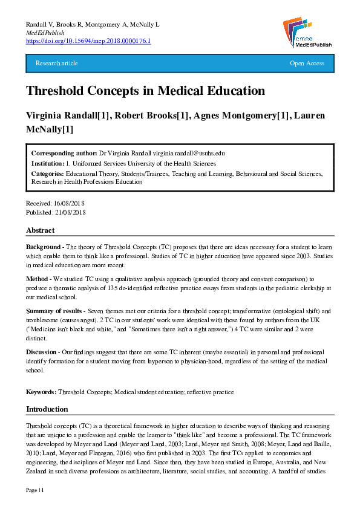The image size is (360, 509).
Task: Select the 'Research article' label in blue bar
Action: tap(57, 63)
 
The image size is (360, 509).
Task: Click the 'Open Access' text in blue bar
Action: tap(307, 63)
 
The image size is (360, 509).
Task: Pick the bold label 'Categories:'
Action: tap(48, 173)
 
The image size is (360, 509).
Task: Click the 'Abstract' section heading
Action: tap(40, 230)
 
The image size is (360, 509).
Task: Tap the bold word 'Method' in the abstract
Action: tap(37, 280)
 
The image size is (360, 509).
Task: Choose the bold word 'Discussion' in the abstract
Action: tap(41, 352)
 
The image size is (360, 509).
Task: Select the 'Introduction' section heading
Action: tap(47, 409)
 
